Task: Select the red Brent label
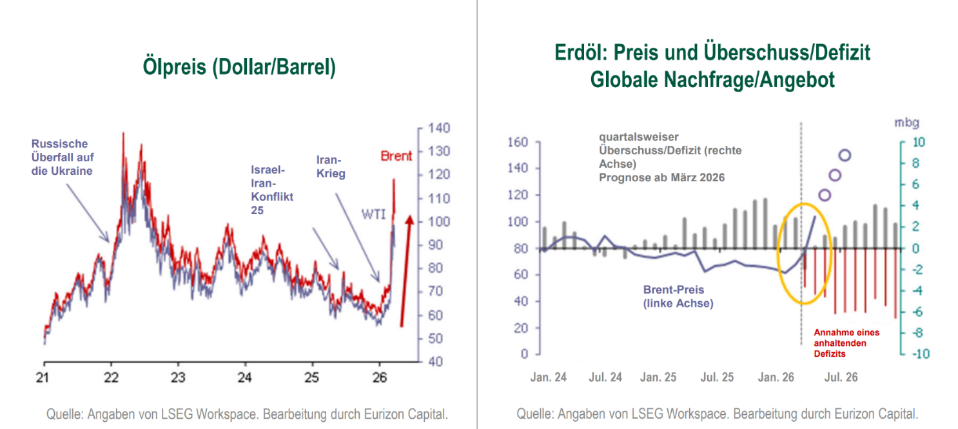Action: [x=396, y=156]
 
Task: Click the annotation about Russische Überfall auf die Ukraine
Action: [x=62, y=157]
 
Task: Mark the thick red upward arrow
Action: [x=405, y=271]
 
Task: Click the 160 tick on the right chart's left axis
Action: [x=518, y=142]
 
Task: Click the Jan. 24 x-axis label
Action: [x=548, y=377]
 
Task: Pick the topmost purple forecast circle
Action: [x=845, y=155]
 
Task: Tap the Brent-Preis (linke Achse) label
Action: [x=678, y=297]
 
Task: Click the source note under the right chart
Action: [x=717, y=414]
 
